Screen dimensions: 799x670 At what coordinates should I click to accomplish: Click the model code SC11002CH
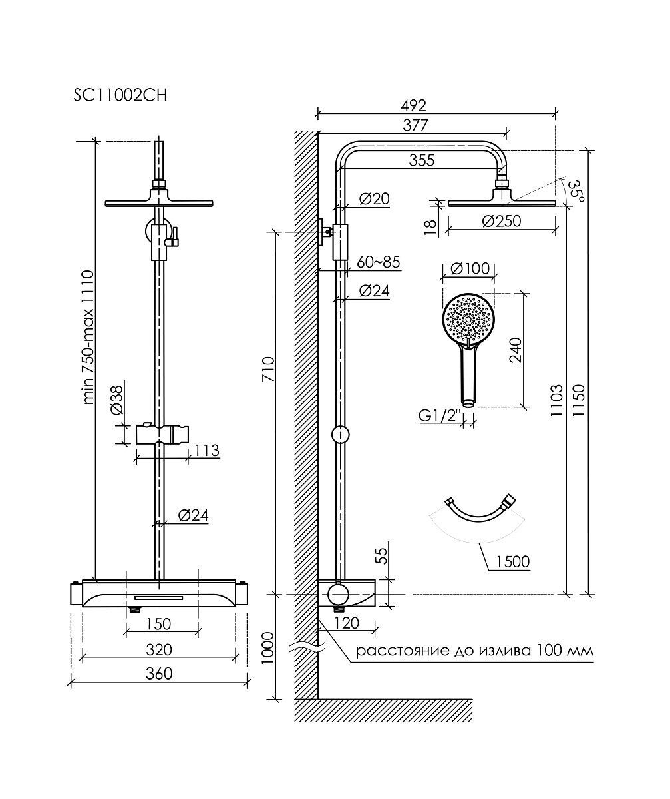pyautogui.click(x=120, y=95)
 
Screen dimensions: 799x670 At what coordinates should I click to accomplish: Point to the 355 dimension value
pyautogui.click(x=421, y=160)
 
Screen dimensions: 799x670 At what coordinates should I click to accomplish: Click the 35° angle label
pyautogui.click(x=576, y=190)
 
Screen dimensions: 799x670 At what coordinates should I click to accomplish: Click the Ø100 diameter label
pyautogui.click(x=470, y=269)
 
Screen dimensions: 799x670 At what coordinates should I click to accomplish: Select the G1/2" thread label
pyautogui.click(x=440, y=415)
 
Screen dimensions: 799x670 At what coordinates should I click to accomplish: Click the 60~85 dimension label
pyautogui.click(x=378, y=262)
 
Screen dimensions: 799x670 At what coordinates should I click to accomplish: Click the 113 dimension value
pyautogui.click(x=207, y=451)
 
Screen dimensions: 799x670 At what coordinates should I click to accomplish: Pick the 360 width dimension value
pyautogui.click(x=159, y=673)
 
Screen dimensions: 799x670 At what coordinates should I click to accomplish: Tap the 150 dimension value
pyautogui.click(x=159, y=624)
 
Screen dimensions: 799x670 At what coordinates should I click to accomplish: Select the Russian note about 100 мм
pyautogui.click(x=474, y=650)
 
